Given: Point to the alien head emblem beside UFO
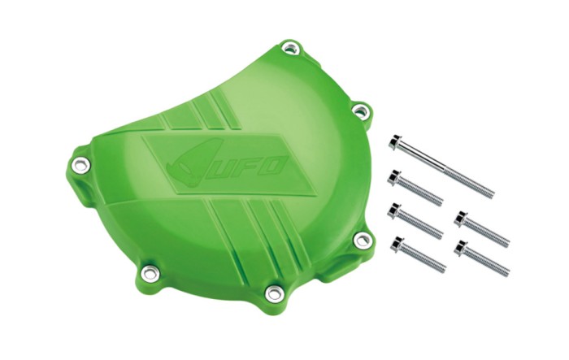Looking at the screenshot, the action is (x=189, y=164).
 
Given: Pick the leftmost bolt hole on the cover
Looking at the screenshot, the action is (x=80, y=164).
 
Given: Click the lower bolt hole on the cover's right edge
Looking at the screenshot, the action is (x=362, y=239).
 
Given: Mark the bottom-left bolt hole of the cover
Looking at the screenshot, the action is (x=149, y=271).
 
